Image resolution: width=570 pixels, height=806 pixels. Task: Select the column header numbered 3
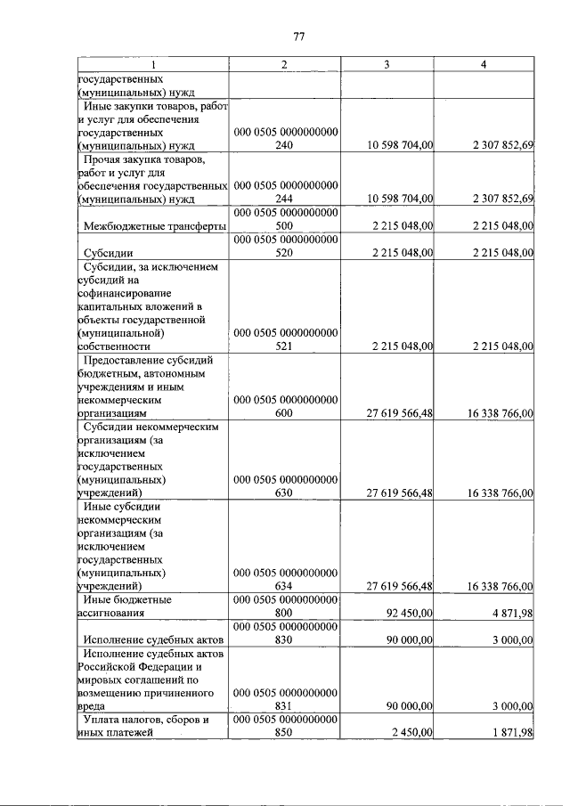(x=387, y=64)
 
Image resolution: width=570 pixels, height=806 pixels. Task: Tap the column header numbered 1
(x=152, y=64)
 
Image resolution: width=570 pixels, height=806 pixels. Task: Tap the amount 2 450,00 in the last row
(x=411, y=732)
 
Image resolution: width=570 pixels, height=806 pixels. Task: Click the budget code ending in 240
(x=285, y=139)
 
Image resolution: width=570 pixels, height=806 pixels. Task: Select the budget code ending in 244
(x=285, y=191)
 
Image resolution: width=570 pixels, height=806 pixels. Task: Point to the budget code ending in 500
(x=285, y=220)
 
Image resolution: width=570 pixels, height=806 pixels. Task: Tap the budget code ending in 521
(x=285, y=339)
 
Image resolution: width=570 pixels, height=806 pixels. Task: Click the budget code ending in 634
(x=285, y=579)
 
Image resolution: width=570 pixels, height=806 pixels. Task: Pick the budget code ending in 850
(x=285, y=725)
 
